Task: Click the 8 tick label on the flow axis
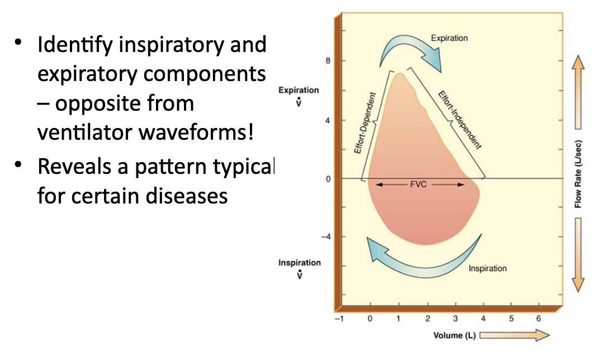(327, 60)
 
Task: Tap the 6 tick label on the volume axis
(539, 319)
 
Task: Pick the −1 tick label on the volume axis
(338, 319)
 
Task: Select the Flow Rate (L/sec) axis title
(578, 174)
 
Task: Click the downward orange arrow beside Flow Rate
(578, 254)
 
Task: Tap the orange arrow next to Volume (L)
(514, 335)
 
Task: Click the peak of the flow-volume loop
(399, 74)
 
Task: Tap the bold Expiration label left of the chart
(299, 90)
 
